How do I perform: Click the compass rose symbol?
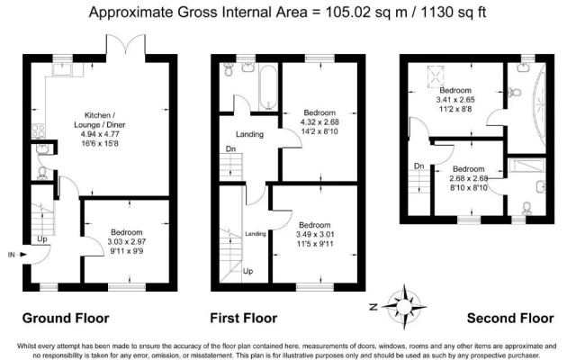pyautogui.click(x=404, y=306)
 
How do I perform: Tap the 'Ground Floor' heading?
pyautogui.click(x=66, y=318)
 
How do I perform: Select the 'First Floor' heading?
pyautogui.click(x=244, y=318)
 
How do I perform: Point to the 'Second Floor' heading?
pyautogui.click(x=510, y=318)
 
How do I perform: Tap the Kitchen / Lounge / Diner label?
pyautogui.click(x=100, y=120)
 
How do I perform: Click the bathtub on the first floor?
pyautogui.click(x=268, y=88)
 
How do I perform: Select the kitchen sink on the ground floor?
pyautogui.click(x=63, y=70)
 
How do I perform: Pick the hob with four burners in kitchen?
pyautogui.click(x=38, y=130)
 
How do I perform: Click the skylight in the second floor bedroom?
pyautogui.click(x=436, y=76)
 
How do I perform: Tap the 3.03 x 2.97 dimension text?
pyautogui.click(x=127, y=242)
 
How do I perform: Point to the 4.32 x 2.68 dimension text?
pyautogui.click(x=319, y=122)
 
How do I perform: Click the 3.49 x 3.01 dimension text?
pyautogui.click(x=315, y=234)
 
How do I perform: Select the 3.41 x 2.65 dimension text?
pyautogui.click(x=455, y=100)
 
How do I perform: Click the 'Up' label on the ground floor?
pyautogui.click(x=42, y=238)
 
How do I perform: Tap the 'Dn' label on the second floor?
pyautogui.click(x=419, y=166)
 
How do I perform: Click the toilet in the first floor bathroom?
pyautogui.click(x=229, y=69)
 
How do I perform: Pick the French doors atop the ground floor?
pyautogui.click(x=126, y=46)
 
